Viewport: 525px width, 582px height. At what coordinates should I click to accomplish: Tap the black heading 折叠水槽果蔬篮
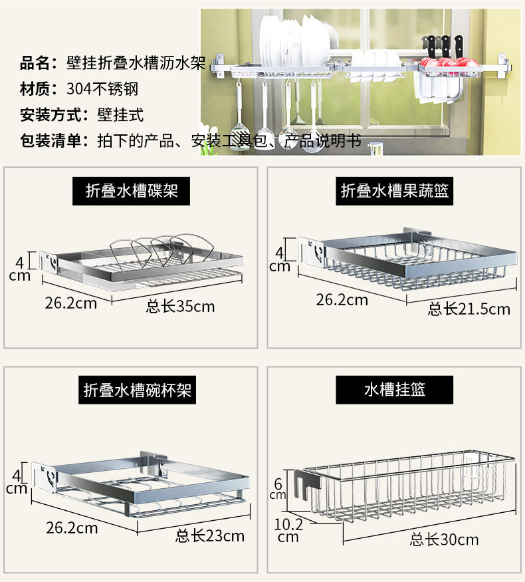point(395,192)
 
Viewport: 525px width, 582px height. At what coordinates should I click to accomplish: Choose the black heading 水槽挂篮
point(395,390)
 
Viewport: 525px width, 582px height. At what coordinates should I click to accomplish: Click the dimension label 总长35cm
point(180,307)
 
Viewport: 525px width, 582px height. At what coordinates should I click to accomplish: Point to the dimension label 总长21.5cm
point(469,309)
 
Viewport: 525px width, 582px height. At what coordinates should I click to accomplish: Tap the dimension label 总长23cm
point(210,535)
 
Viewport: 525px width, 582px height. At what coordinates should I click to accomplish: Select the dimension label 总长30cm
point(444,539)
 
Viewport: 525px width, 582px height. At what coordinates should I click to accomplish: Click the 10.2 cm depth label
point(288,530)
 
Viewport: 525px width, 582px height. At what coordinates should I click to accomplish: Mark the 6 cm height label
point(277,489)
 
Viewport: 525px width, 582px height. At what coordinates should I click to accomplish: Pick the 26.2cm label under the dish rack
point(70,303)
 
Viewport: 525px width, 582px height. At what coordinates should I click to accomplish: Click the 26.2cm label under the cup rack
point(71,528)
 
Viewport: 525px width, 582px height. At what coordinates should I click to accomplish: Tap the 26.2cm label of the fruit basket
point(342,299)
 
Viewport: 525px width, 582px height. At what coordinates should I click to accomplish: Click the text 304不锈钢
point(102,89)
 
